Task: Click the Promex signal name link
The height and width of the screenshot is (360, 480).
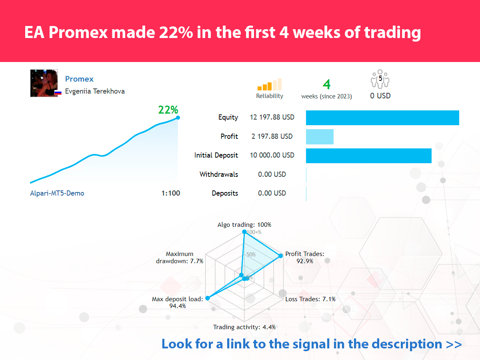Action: (79, 79)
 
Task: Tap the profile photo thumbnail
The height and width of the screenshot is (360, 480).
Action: (44, 83)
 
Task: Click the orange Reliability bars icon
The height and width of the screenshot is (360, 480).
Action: (270, 84)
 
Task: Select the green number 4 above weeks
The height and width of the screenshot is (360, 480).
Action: (326, 84)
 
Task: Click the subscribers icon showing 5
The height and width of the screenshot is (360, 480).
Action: (380, 79)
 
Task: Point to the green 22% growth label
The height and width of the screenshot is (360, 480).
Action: (168, 110)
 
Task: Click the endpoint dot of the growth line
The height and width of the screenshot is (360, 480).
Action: (178, 118)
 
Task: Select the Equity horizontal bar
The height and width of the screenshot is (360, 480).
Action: (382, 118)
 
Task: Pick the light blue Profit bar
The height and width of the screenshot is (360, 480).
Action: (320, 137)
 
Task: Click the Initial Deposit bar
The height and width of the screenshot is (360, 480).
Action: (369, 156)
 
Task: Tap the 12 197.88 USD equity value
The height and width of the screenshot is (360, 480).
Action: (272, 117)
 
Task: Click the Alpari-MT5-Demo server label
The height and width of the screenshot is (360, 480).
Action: (57, 194)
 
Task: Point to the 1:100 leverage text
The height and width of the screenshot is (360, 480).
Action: (170, 193)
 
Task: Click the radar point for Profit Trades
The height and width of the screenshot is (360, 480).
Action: (280, 256)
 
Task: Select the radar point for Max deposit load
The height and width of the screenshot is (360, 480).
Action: (208, 298)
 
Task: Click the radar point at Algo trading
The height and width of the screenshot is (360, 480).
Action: (244, 232)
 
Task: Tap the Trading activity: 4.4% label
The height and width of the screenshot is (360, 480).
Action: (244, 327)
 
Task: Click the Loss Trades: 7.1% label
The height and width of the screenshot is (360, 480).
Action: (310, 299)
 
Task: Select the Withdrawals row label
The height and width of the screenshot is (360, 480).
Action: (219, 174)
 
